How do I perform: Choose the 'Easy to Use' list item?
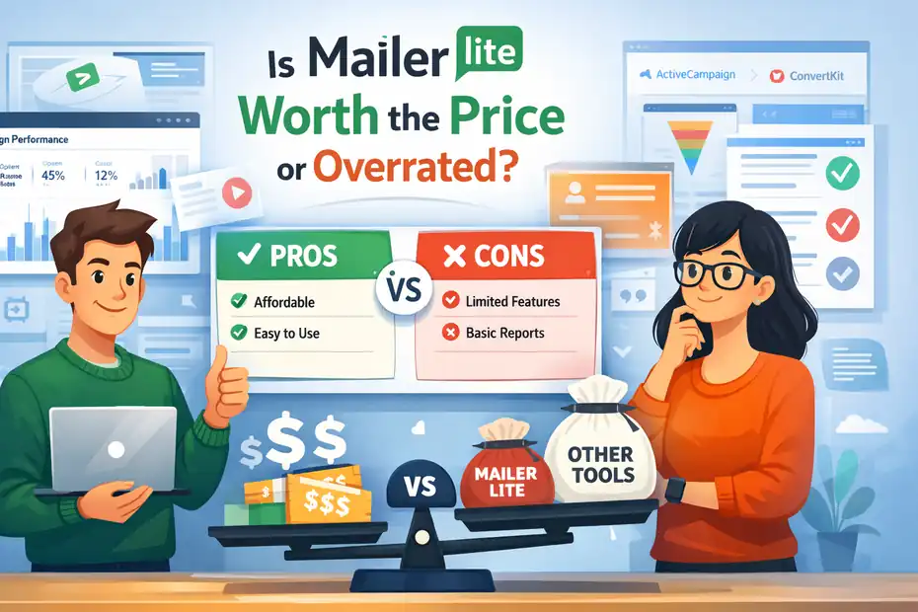click(x=287, y=333)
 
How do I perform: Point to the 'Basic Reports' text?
click(x=506, y=333)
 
